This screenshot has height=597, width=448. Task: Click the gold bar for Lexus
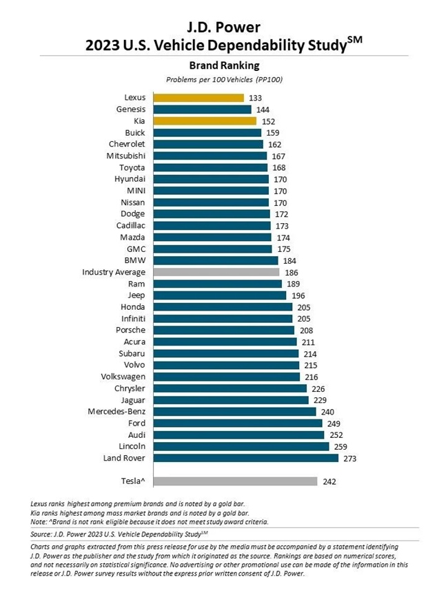(x=198, y=98)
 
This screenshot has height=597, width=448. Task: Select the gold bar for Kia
(x=205, y=121)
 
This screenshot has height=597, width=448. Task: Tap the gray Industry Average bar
(x=216, y=272)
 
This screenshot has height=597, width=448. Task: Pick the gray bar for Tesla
(x=235, y=481)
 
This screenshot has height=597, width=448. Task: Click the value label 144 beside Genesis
(x=263, y=109)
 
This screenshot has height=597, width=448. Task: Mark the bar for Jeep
(x=219, y=295)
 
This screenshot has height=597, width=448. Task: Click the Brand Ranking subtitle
(x=224, y=66)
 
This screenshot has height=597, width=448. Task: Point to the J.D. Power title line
(x=224, y=28)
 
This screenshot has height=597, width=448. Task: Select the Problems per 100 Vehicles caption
(x=224, y=80)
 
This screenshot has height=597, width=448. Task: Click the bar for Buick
(x=207, y=132)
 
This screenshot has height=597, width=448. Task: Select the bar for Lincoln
(x=241, y=446)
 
